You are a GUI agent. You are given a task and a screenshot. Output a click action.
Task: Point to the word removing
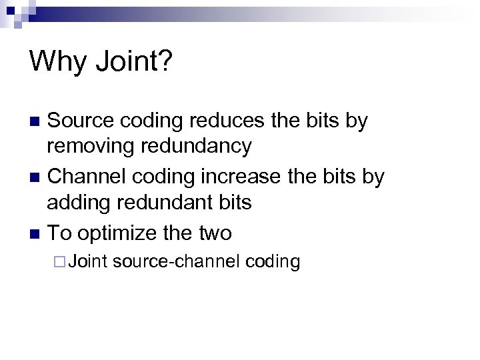point(93,145)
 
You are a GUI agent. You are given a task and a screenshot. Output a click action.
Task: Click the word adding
point(78,201)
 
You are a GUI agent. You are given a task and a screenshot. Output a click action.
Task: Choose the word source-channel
point(176,261)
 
